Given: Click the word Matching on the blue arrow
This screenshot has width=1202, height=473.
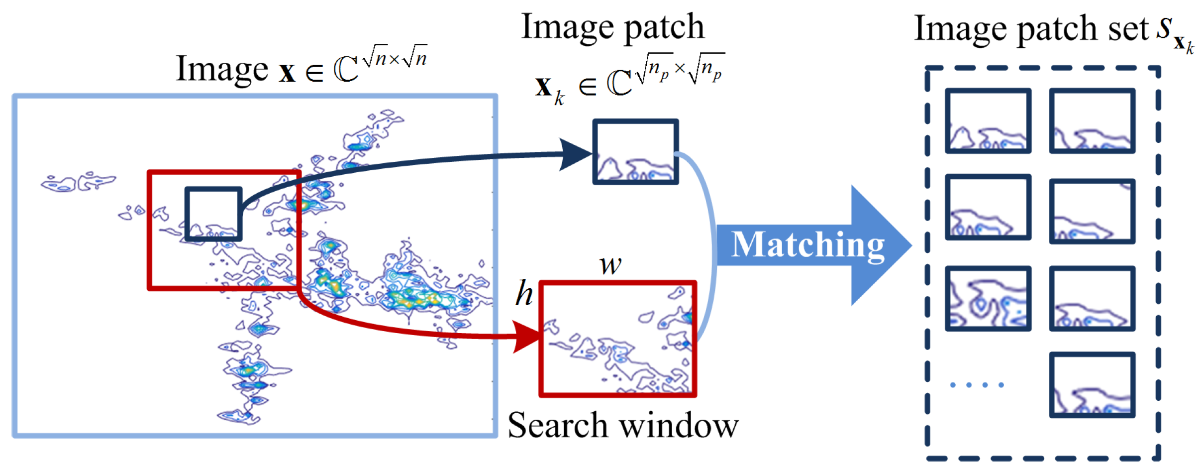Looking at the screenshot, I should (807, 245).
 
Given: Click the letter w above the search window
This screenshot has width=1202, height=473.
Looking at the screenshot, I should (610, 265).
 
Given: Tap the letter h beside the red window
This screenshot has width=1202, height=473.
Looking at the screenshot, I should (524, 293).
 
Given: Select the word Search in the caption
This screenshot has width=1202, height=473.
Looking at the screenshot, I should (558, 426).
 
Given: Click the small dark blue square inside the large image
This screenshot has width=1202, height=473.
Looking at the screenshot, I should (213, 214).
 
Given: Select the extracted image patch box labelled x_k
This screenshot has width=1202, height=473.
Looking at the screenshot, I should (635, 152).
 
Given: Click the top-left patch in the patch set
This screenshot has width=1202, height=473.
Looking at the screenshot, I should (988, 121).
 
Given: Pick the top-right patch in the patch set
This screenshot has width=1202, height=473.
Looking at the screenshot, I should (1092, 121).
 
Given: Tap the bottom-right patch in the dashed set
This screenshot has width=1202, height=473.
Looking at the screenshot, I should (1092, 385).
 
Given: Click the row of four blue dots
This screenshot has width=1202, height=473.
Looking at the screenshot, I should (977, 385).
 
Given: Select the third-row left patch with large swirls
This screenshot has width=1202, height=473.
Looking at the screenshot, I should (988, 299).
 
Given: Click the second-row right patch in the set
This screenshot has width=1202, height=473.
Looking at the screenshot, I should (1092, 212).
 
